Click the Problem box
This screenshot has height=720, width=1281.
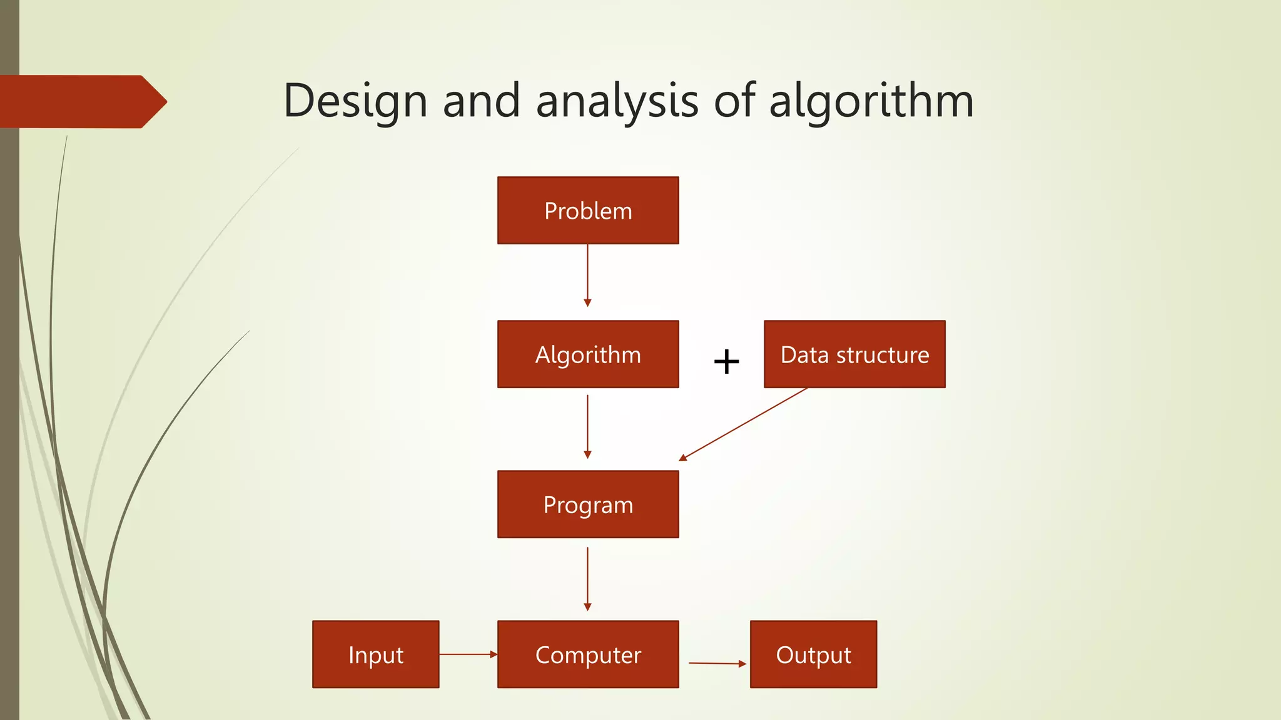tap(588, 211)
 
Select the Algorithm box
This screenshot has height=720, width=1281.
tap(588, 354)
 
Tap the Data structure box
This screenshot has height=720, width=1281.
tap(854, 354)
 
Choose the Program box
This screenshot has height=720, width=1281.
tap(588, 504)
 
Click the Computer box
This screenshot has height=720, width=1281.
tap(588, 654)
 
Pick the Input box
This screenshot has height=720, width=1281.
tap(375, 654)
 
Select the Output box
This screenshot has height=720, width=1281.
tap(813, 654)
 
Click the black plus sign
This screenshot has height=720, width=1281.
tap(726, 361)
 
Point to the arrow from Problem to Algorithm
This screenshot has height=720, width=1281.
tap(587, 275)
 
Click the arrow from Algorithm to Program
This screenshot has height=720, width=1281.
tap(587, 426)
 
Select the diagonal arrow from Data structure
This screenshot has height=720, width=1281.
tap(743, 424)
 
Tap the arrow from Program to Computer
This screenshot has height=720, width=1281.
tap(587, 578)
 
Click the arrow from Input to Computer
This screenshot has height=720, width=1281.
tap(468, 654)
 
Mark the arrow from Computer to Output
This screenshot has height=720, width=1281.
tap(717, 663)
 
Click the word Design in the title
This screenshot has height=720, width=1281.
tap(355, 101)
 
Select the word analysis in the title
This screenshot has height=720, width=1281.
tap(617, 101)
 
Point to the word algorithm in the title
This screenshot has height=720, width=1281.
tap(871, 101)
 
